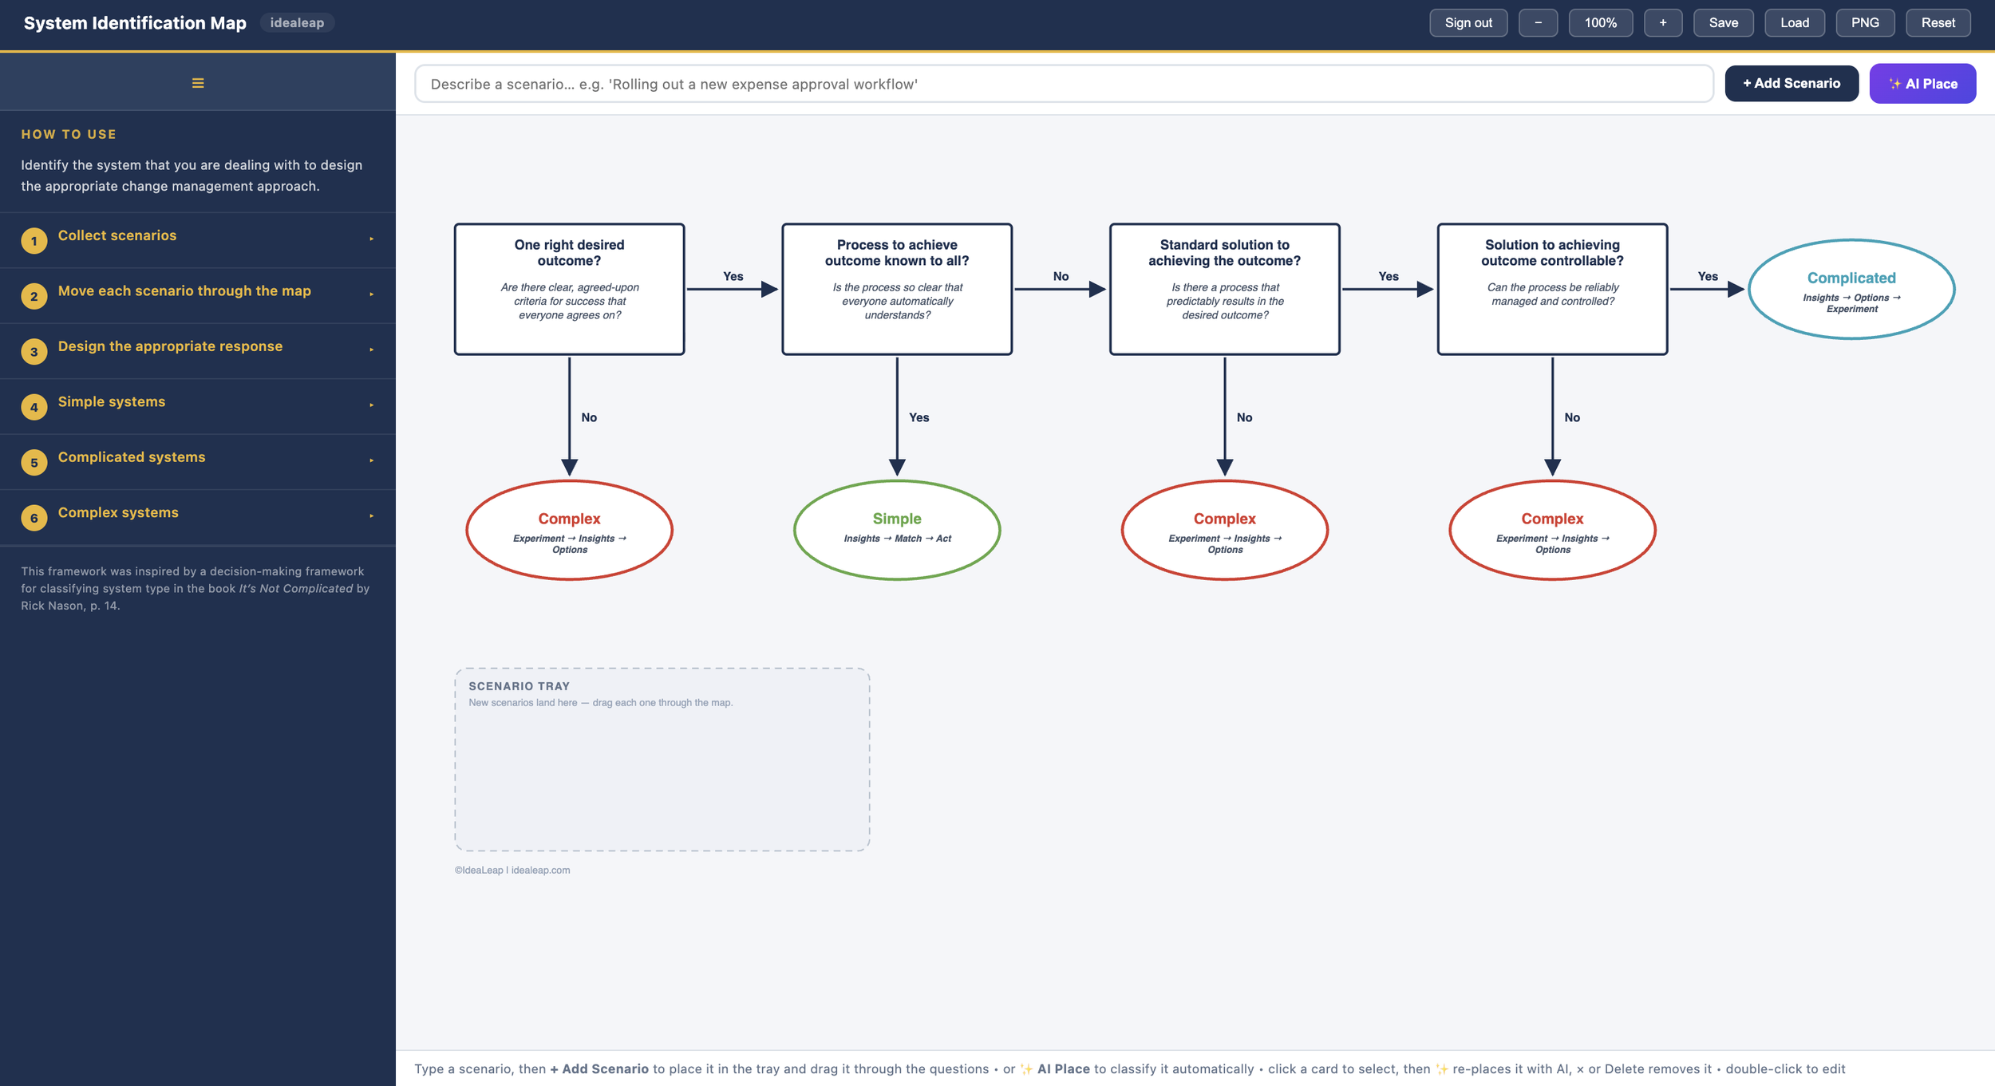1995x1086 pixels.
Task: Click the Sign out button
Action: (x=1468, y=23)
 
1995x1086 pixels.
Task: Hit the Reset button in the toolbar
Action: (x=1938, y=23)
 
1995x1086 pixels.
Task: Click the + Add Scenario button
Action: (x=1792, y=84)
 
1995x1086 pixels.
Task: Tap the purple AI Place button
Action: (x=1922, y=84)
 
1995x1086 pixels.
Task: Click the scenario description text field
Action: (x=1064, y=84)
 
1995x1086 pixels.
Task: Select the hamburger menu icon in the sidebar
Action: (x=198, y=83)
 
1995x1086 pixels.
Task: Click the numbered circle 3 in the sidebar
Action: (x=34, y=351)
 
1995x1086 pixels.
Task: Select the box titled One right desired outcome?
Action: (x=569, y=289)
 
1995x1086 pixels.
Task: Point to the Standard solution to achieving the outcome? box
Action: (x=1224, y=289)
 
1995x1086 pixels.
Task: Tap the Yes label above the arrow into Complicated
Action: (x=1708, y=276)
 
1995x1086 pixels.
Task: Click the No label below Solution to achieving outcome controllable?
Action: (x=1572, y=417)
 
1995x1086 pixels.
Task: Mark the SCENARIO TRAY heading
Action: (x=519, y=686)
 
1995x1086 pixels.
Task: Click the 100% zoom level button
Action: (x=1600, y=23)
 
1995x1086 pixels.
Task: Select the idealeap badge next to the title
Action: (x=297, y=23)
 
